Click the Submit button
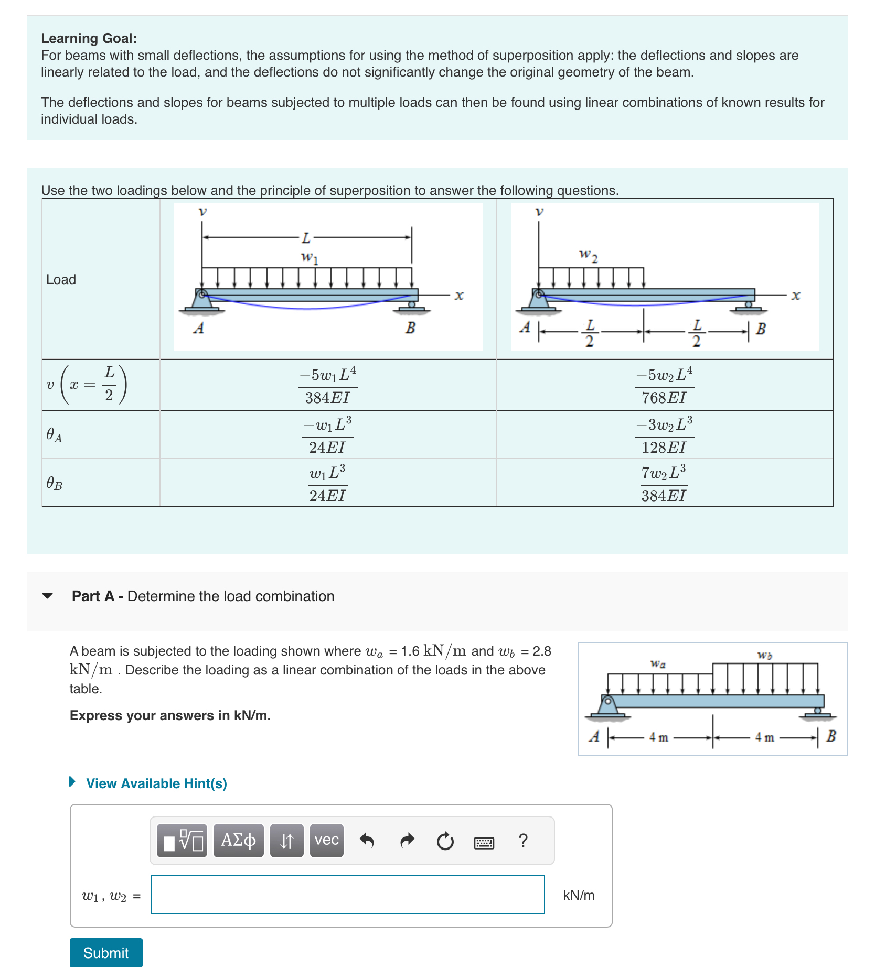[105, 952]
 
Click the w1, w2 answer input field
[347, 894]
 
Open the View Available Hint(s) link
[156, 783]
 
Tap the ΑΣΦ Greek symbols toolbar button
[238, 840]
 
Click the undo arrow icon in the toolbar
[367, 841]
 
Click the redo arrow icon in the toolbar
[407, 841]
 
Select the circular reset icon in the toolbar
[445, 841]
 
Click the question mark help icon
[522, 841]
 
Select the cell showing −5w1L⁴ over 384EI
[328, 385]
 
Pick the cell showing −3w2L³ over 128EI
[664, 435]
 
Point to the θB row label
[55, 483]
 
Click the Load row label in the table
[61, 279]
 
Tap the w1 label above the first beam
[309, 257]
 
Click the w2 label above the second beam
[588, 255]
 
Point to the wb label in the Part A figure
[764, 655]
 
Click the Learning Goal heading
[89, 38]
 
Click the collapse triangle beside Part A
[47, 596]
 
